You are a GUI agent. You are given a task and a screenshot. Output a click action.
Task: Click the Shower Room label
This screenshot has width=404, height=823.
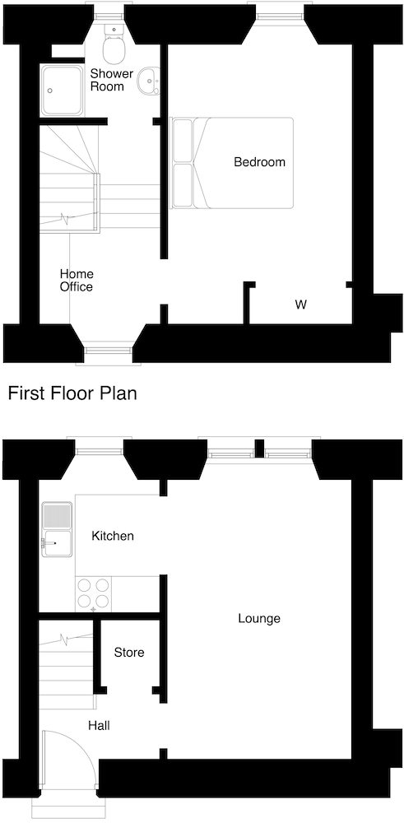111,80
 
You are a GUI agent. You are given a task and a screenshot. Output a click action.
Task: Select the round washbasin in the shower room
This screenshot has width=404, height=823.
149,81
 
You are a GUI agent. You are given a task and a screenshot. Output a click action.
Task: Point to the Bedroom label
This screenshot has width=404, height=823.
259,162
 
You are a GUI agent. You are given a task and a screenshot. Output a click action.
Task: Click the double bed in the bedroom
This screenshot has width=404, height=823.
232,162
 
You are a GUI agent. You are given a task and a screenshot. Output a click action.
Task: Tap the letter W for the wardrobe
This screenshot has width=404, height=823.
301,305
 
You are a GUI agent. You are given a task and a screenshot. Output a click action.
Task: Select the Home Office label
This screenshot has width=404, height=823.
76,280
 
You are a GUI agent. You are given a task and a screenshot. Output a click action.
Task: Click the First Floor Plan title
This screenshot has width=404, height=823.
72,393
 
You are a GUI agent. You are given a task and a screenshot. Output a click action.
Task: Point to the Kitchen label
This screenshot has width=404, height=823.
113,537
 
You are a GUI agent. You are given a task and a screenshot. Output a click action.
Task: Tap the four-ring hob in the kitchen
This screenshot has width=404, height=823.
93,593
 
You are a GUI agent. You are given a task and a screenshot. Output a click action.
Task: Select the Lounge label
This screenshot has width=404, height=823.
259,618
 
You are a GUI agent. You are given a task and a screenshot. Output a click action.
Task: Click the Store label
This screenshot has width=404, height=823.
129,653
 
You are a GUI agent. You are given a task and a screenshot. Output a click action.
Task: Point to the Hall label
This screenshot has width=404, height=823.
100,726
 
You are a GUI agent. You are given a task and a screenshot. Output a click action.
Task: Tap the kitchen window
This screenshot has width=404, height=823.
100,449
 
